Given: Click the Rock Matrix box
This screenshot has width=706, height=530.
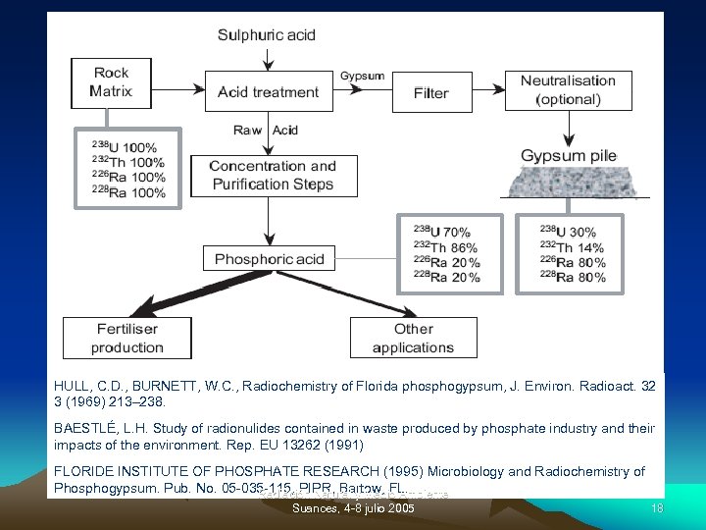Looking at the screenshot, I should coord(111,82).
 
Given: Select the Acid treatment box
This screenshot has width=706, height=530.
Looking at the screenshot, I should coord(268,92).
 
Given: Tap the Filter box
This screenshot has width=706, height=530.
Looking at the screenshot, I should coord(430,92).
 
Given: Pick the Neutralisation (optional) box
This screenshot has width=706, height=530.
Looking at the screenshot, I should coord(568,89).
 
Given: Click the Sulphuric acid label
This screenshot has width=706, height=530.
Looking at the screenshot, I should coord(267,35).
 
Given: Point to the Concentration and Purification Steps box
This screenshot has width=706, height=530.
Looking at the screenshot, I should coord(273,176).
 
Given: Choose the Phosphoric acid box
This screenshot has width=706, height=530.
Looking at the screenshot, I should coord(269,259).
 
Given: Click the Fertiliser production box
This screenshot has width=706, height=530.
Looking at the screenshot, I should coord(127,338).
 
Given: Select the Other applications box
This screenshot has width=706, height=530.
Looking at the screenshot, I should coord(414,338).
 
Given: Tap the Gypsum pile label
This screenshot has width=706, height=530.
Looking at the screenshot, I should coord(568,156).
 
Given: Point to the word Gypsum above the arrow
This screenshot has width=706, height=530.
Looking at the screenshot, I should coord(362,76).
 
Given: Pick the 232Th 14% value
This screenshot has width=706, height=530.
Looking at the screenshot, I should coord(572,247).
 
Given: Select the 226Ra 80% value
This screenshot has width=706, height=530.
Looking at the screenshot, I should coord(572,262).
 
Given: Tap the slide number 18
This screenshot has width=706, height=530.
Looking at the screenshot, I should coord(658,508).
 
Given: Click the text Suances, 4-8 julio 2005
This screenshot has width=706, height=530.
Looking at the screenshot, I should coord(353,509).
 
